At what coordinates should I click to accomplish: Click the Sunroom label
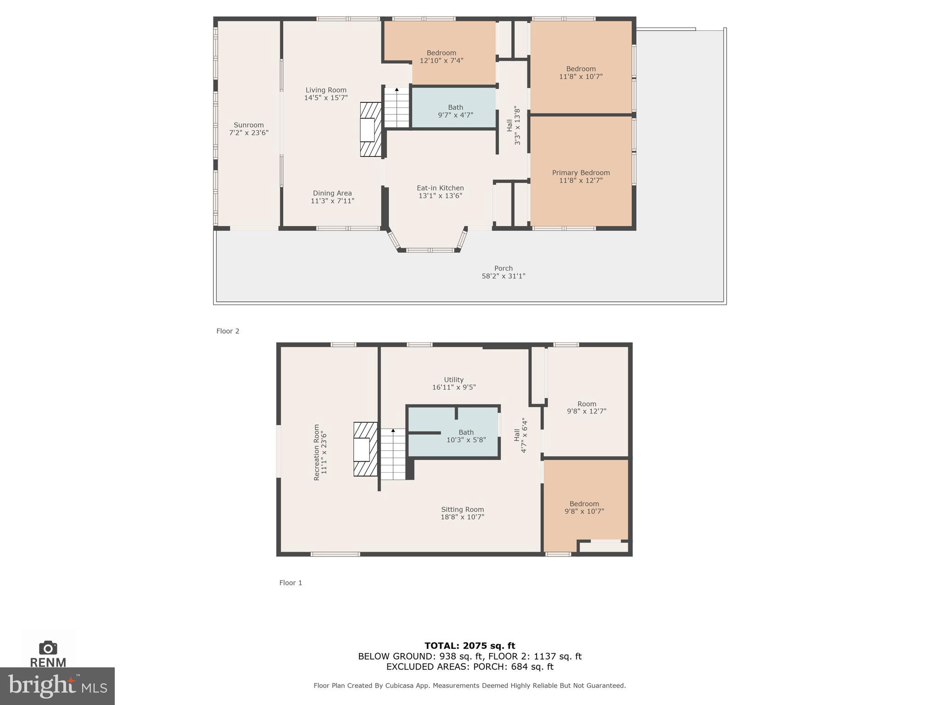click(x=248, y=125)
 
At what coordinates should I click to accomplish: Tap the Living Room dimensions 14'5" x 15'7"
click(x=326, y=98)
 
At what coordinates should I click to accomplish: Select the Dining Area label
click(x=332, y=193)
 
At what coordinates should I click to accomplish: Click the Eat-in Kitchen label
click(x=440, y=188)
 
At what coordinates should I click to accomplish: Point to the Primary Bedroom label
click(x=581, y=173)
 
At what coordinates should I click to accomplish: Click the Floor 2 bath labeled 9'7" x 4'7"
click(x=455, y=111)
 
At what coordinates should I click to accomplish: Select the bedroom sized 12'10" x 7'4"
click(x=441, y=56)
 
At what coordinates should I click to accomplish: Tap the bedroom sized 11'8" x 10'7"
click(x=581, y=73)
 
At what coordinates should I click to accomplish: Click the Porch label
click(x=503, y=268)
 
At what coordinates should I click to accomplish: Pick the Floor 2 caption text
click(x=228, y=331)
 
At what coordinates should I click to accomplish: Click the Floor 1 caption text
click(x=291, y=582)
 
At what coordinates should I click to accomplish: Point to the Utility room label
click(x=453, y=380)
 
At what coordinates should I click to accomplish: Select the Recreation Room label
click(x=316, y=452)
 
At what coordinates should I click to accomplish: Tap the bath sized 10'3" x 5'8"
click(x=466, y=436)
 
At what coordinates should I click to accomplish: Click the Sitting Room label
click(x=462, y=509)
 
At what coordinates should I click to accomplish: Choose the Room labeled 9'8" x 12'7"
click(x=587, y=408)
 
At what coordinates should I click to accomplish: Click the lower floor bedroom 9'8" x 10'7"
click(x=584, y=507)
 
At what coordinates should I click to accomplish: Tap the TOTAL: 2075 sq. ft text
click(x=470, y=646)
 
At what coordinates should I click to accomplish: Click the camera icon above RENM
click(x=48, y=648)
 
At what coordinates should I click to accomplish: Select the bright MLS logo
click(x=57, y=686)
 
